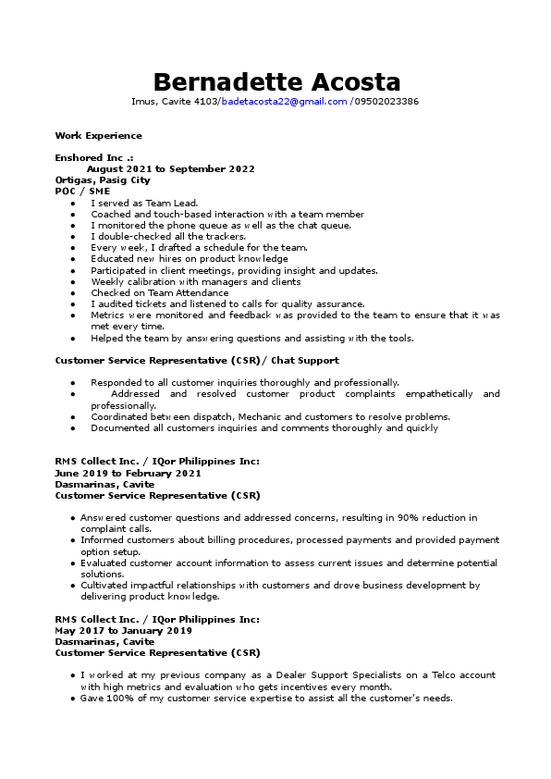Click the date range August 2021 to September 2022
(170, 169)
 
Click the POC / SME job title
(82, 192)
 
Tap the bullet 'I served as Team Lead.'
(144, 203)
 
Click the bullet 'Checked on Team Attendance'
(159, 293)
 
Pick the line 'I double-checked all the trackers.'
(167, 237)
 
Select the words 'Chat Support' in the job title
(306, 360)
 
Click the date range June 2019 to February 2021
(128, 473)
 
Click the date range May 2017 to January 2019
(123, 630)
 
